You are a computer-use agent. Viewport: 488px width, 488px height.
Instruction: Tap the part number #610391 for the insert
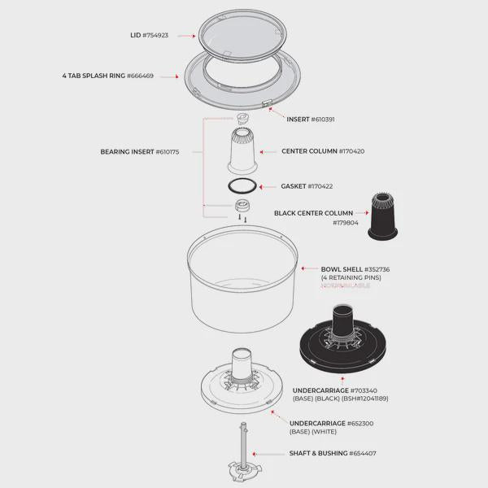tap(322, 119)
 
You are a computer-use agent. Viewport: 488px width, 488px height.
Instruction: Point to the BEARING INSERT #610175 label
tap(140, 151)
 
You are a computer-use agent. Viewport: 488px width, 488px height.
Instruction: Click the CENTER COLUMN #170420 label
tap(323, 151)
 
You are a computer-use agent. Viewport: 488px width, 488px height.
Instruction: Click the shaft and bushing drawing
tap(243, 456)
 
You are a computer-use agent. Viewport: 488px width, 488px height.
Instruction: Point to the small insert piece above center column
tap(242, 119)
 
